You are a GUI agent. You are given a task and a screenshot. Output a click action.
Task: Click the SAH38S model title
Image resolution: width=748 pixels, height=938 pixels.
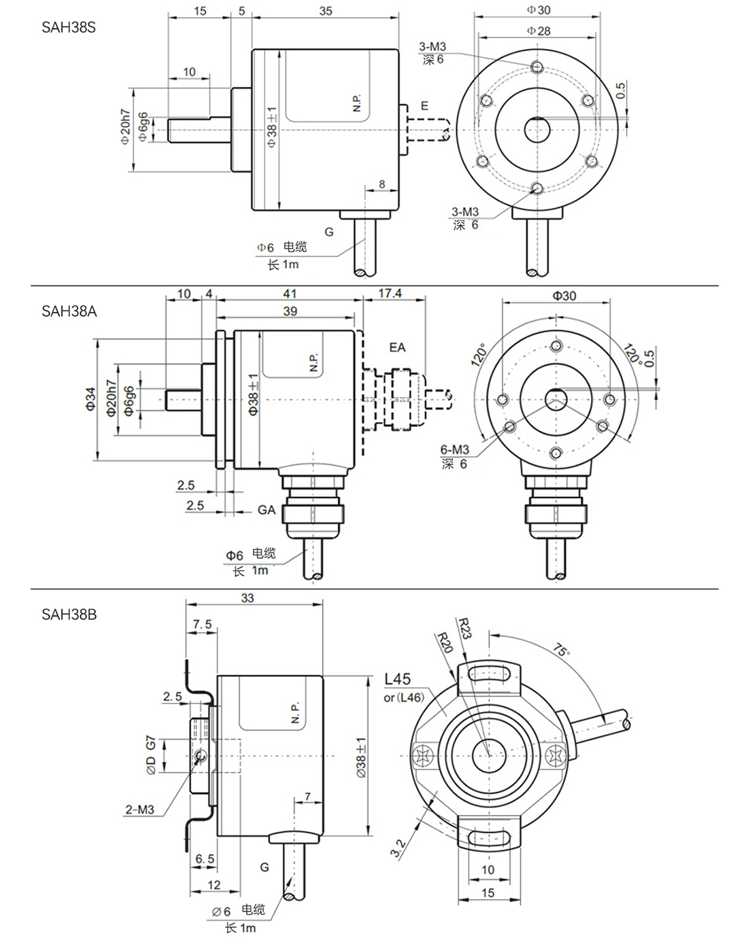coord(69,27)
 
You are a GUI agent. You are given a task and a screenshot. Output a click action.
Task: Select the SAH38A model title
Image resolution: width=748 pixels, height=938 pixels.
coord(69,311)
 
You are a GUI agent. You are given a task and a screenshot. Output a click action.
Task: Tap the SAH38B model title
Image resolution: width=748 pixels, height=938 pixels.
coord(69,614)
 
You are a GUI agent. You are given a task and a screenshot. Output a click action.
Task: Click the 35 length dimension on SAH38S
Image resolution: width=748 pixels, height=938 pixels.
coord(325,11)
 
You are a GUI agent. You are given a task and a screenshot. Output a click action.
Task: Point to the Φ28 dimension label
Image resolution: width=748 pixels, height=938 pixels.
coord(539,31)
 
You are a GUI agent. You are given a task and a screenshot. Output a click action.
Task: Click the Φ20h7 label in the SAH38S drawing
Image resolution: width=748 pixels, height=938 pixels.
coord(124,127)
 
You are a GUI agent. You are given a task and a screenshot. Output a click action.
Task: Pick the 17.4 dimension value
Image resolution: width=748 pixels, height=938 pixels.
coord(390,294)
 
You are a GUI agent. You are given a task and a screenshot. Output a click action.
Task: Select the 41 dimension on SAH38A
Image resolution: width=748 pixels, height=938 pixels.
coord(290,294)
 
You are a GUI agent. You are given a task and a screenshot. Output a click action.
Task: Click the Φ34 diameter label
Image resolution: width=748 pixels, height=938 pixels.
coord(90,399)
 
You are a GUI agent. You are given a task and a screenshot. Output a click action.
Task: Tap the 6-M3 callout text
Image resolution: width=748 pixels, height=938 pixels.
coord(454,449)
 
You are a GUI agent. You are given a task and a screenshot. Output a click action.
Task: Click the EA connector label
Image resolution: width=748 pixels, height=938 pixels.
coord(397,347)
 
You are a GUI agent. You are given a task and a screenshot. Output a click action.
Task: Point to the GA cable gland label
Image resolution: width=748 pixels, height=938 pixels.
coord(267,510)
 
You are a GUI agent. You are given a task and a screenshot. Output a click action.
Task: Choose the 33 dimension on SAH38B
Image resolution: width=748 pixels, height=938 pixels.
coord(248,598)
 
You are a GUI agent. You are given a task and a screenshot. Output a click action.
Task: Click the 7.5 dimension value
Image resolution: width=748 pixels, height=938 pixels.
coord(203,625)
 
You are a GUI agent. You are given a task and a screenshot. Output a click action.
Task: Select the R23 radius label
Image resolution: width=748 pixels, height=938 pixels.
coord(464,628)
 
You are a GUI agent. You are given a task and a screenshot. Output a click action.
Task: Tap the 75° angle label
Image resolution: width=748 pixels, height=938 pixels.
coord(562,649)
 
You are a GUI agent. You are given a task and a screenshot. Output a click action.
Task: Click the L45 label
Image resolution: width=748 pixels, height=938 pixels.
coord(398,678)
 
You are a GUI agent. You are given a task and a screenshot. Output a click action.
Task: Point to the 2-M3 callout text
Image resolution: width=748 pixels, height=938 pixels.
coord(139,810)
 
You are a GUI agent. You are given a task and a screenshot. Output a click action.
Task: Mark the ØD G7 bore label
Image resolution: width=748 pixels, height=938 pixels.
coord(151,754)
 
